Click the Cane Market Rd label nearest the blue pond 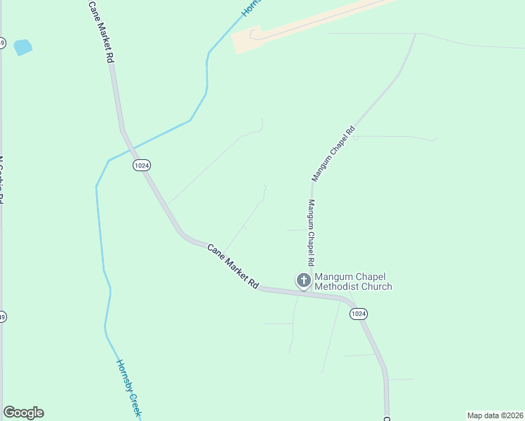coord(101,32)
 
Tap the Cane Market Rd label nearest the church coord(233,267)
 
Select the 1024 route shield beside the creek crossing coord(142,165)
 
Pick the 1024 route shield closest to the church coord(359,314)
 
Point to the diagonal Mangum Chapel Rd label coord(333,154)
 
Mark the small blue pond coord(23,47)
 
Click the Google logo coord(23,413)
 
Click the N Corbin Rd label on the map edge coord(2,179)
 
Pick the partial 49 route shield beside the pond coord(2,44)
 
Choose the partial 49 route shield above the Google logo coord(2,316)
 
